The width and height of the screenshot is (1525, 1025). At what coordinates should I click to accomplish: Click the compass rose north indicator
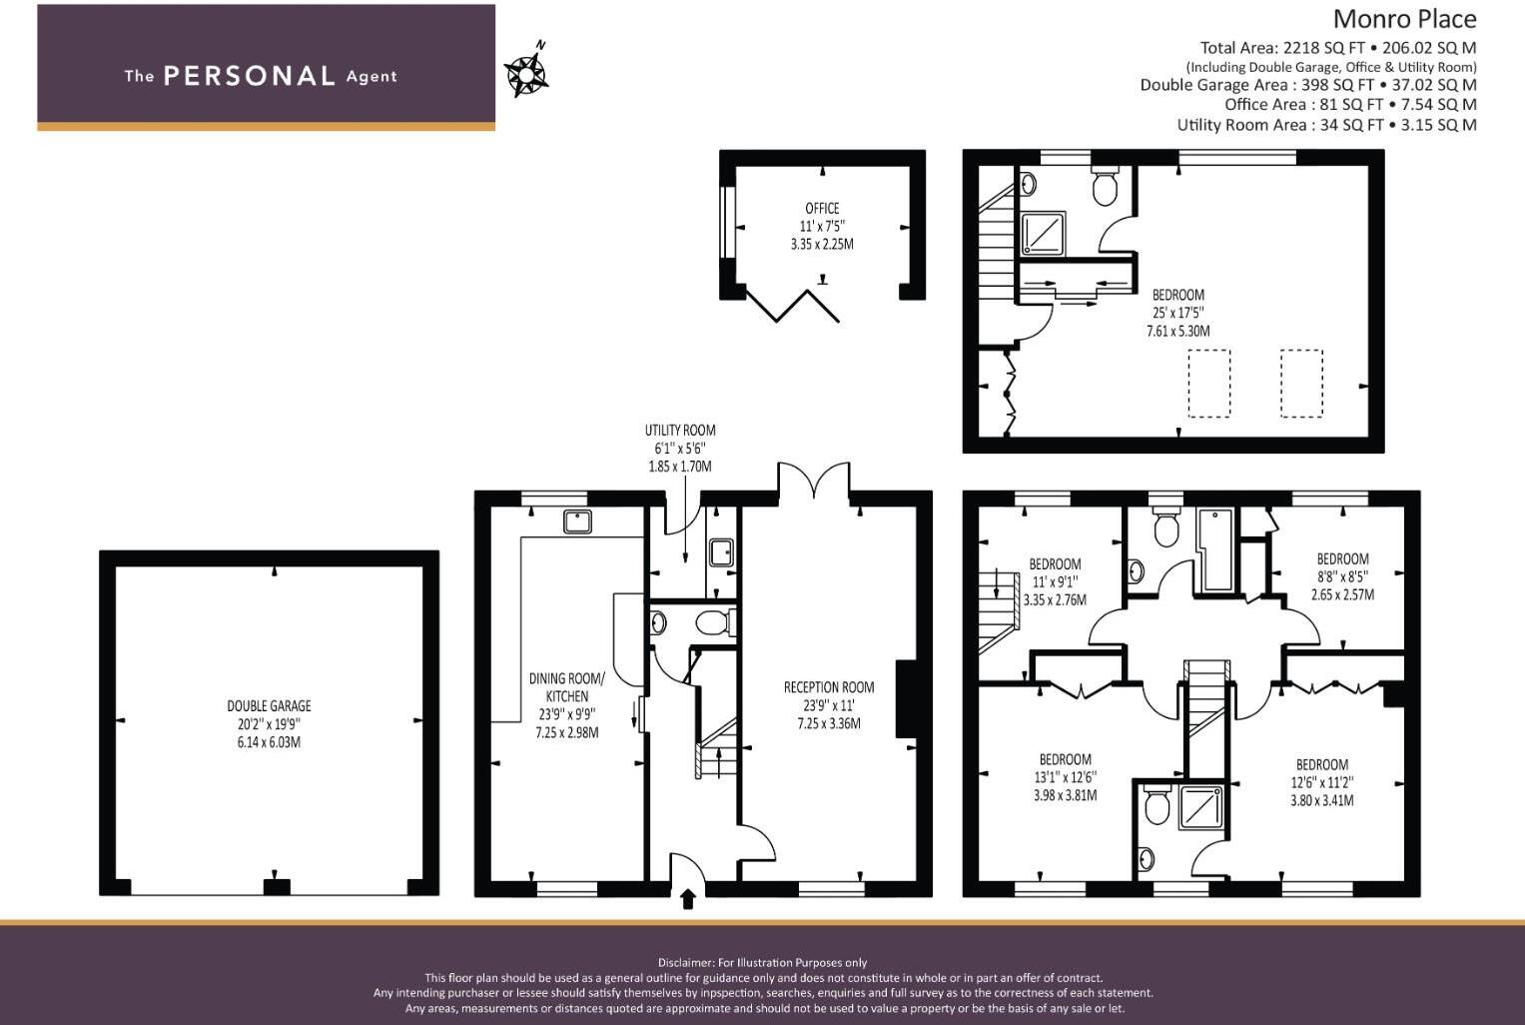pos(526,70)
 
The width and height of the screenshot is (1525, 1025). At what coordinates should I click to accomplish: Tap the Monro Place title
pos(1404,19)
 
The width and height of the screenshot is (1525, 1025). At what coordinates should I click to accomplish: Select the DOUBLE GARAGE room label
pos(269,705)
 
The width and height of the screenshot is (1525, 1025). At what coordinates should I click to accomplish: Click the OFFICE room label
pos(822,208)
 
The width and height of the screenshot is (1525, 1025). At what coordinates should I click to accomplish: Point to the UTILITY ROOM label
pos(680,430)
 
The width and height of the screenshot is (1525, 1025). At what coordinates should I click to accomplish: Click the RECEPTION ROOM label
pos(829,687)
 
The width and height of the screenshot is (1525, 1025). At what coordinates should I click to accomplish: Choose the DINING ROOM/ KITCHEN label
pos(567,687)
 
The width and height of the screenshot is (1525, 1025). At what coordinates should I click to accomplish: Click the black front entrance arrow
pos(688,899)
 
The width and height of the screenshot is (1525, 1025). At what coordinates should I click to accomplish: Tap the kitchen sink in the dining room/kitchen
pos(577,521)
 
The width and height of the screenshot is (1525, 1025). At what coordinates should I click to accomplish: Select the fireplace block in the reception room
pos(905,698)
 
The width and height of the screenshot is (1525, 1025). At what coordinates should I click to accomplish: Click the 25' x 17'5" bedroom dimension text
pos(1177,313)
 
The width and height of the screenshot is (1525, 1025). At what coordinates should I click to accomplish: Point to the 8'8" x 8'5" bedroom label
pos(1342,576)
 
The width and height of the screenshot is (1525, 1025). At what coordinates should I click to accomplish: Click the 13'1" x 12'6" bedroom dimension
pos(1065,777)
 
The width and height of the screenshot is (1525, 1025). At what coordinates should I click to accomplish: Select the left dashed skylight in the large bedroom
pos(1209,384)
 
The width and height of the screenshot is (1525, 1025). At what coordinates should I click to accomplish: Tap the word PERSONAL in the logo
pos(250,76)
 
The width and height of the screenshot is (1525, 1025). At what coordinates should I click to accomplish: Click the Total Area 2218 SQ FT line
pos(1338,48)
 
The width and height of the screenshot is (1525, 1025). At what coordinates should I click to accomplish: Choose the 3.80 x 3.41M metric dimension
pos(1321,800)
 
